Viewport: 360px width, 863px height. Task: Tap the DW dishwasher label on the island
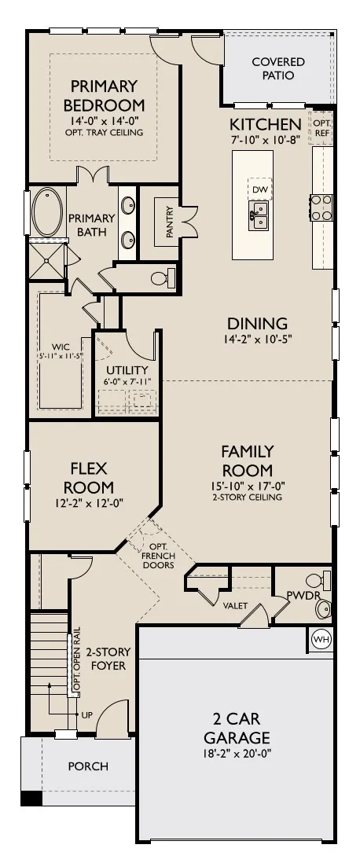coord(260,190)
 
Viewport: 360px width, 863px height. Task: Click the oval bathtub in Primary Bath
coord(47,212)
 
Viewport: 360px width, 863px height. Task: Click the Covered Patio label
coord(278,69)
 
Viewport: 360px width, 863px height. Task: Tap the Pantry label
coord(170,222)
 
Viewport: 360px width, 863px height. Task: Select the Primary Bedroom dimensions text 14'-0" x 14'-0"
coord(104,122)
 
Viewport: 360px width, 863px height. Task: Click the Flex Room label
coord(89,478)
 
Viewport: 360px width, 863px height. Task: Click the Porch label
coord(88,766)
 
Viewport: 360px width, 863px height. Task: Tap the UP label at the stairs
coord(87,715)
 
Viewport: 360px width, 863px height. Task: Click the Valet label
coord(235,606)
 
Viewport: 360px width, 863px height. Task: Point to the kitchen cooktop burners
coord(322,207)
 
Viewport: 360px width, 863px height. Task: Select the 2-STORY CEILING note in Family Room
coord(247,497)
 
